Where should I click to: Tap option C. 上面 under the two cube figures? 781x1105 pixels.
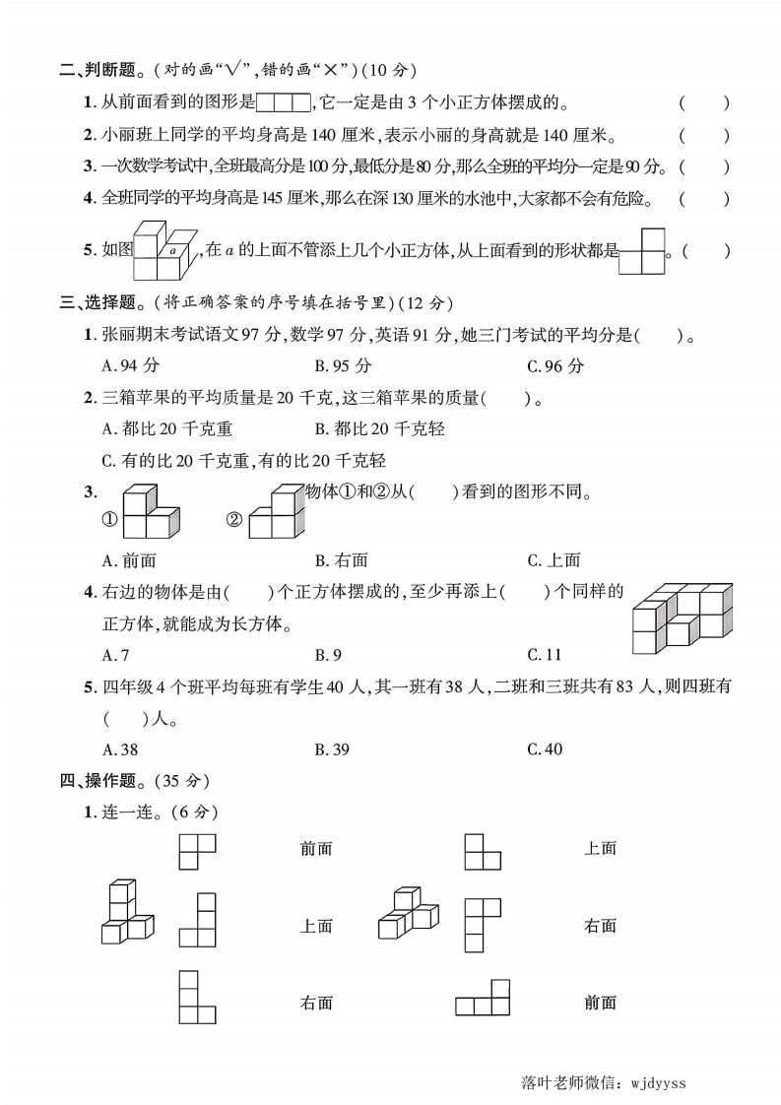click(x=553, y=560)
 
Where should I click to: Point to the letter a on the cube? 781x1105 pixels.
click(x=172, y=251)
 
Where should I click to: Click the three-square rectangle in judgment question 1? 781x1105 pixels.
click(x=284, y=101)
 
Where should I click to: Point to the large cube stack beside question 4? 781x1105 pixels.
click(x=682, y=617)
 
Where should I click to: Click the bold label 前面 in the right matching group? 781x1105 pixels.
click(x=600, y=1003)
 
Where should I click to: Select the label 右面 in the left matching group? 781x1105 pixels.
click(x=316, y=1003)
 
